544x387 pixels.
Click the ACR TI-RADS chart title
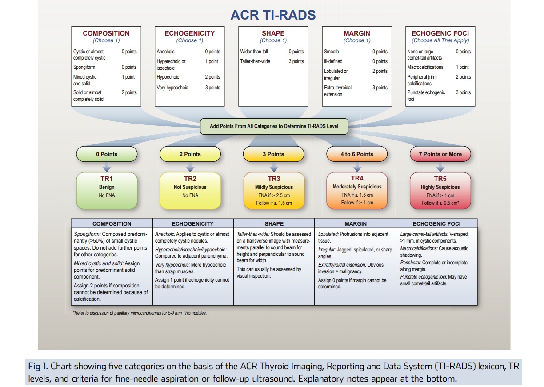point(273,15)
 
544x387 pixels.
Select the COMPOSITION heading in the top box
point(106,33)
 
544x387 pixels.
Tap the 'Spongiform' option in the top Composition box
point(84,68)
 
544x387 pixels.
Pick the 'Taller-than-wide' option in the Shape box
point(255,61)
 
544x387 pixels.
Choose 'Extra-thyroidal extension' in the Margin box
point(338,91)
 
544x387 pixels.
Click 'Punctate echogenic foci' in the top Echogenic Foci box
point(426,96)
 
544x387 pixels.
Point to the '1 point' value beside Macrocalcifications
point(462,67)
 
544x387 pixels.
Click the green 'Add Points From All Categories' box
point(274,126)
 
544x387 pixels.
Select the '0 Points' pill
point(107,154)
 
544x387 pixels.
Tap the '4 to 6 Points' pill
point(357,154)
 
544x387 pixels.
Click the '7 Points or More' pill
point(440,154)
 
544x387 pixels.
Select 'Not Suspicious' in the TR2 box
point(190,187)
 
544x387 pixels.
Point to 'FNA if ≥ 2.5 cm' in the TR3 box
point(273,195)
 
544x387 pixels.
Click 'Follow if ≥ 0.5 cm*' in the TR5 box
point(440,203)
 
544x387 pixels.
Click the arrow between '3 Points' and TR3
point(274,168)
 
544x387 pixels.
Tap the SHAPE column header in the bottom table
point(274,224)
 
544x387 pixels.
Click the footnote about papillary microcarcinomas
point(140,313)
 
